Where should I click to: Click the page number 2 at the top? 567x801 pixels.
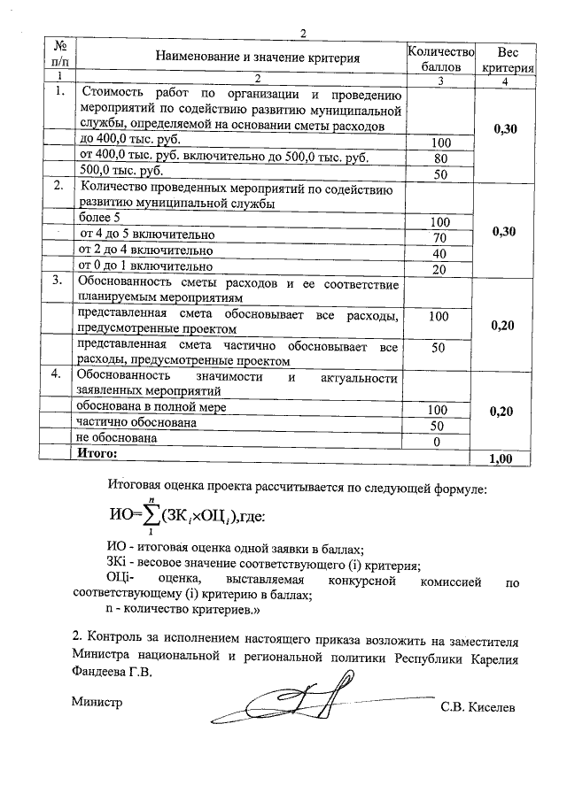click(x=303, y=34)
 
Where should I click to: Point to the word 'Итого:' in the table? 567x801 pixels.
click(x=97, y=453)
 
